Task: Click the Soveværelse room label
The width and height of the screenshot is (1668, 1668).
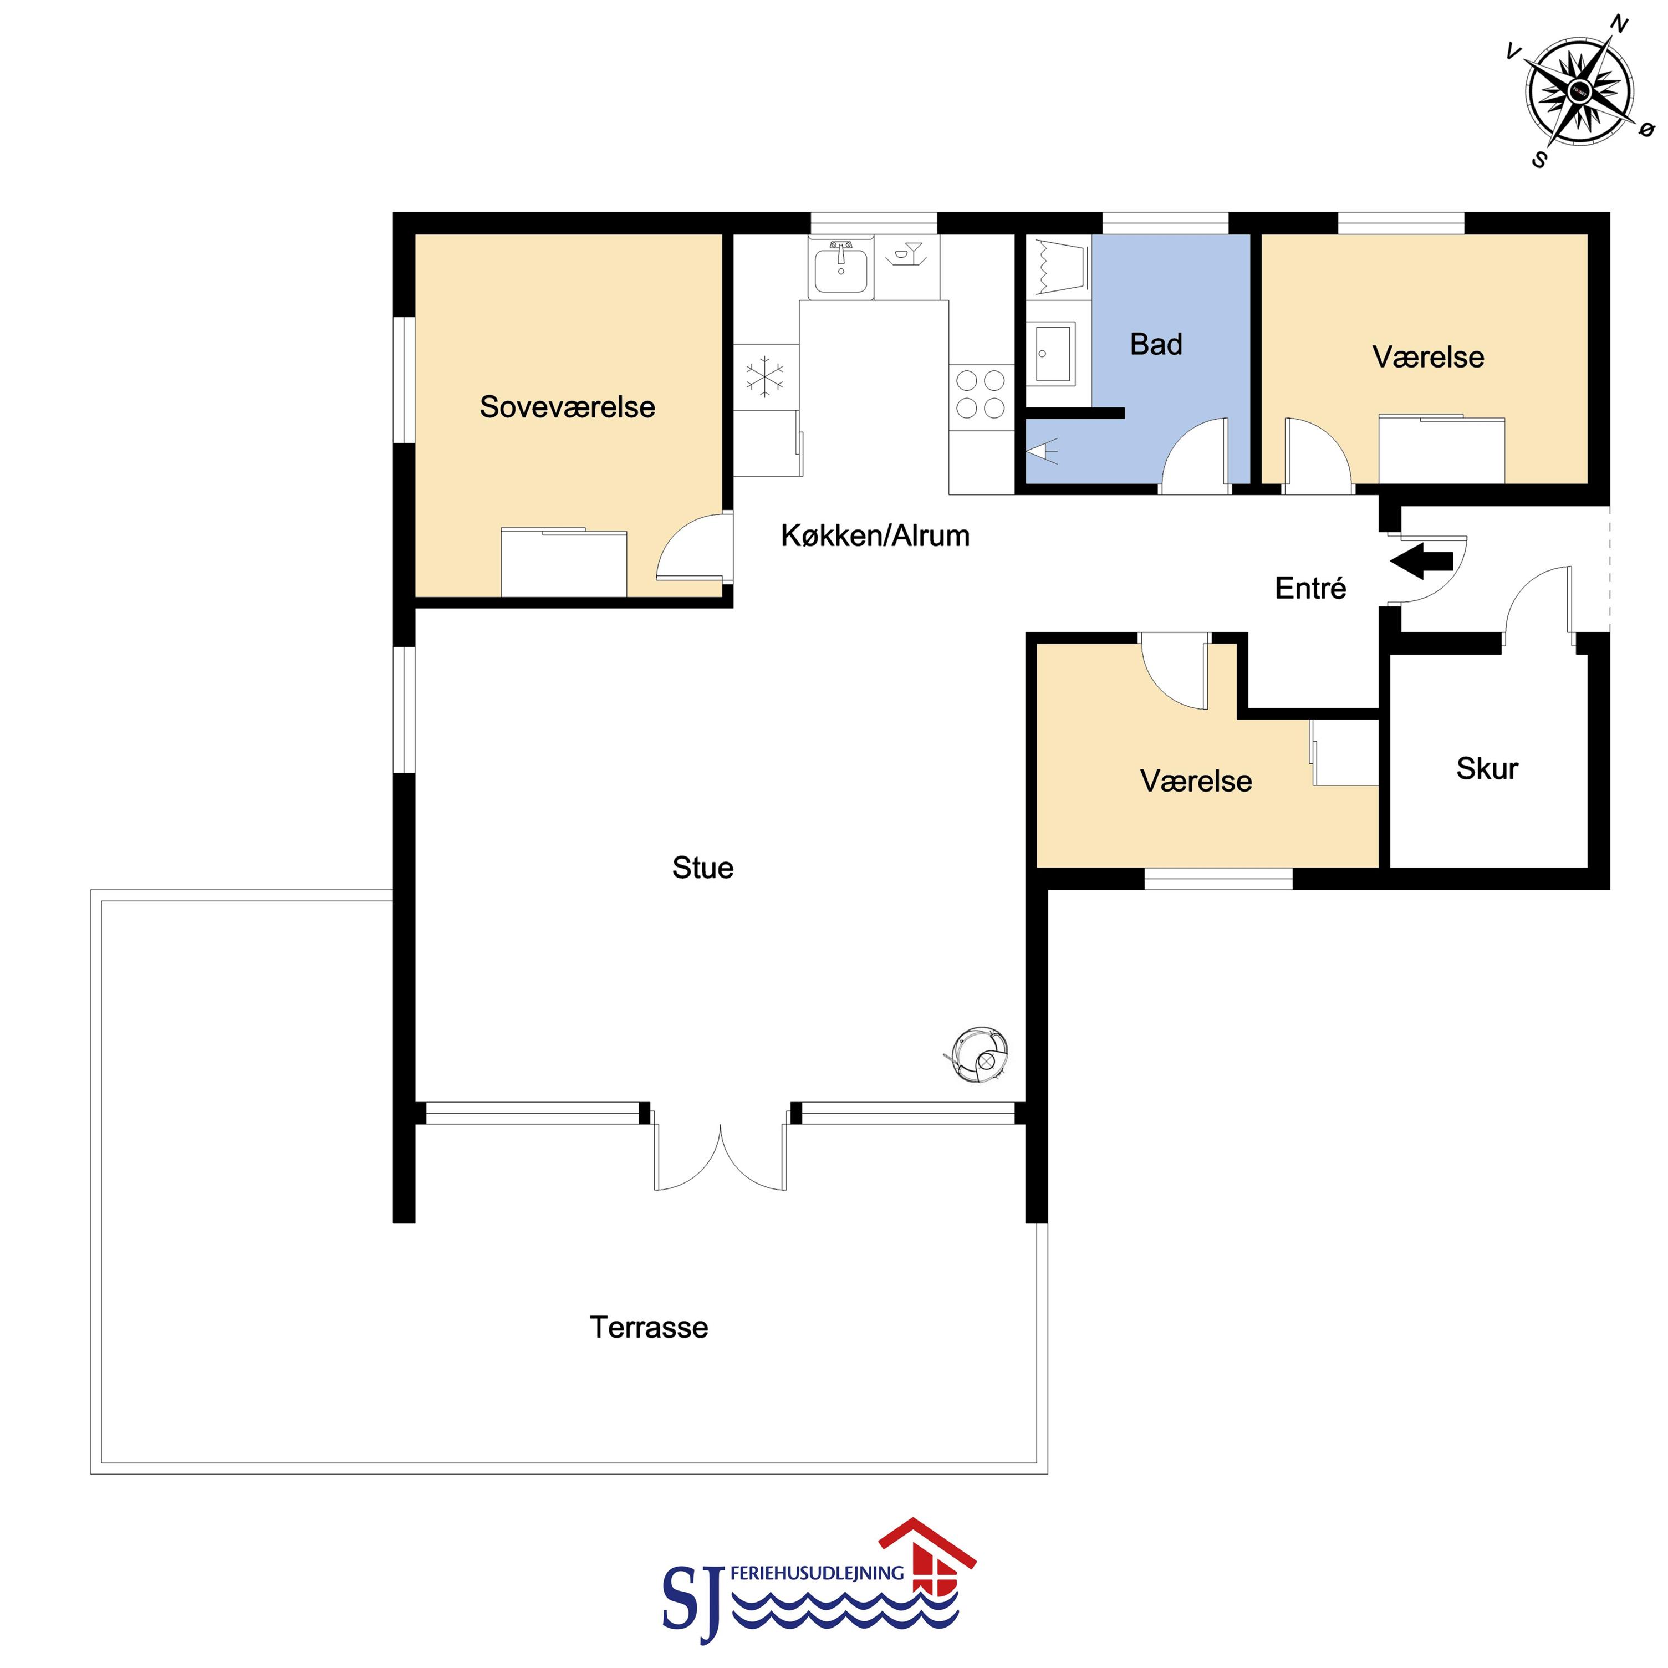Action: pos(567,407)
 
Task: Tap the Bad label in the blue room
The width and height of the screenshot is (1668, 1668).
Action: pos(1156,344)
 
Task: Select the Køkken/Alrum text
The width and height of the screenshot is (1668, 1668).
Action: pos(875,536)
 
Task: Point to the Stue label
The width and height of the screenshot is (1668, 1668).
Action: pos(703,868)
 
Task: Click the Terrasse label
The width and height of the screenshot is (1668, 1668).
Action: pos(649,1327)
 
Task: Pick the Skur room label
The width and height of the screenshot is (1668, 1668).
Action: pos(1487,768)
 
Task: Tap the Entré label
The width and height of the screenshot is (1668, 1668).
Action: pos(1310,588)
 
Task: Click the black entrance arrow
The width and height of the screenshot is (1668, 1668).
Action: pos(1421,561)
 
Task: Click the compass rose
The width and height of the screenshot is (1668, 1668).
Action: pos(1579,91)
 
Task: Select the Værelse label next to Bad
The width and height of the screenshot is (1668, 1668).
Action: pos(1428,358)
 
